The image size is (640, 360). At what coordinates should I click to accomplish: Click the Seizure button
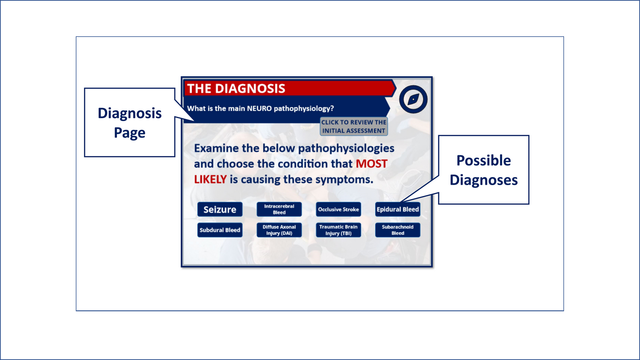(220, 209)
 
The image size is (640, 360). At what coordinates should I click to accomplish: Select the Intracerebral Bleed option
(279, 209)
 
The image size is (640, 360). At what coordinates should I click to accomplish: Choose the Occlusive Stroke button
(338, 209)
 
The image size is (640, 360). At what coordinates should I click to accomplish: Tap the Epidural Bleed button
(398, 209)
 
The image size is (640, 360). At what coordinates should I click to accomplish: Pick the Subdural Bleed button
(220, 230)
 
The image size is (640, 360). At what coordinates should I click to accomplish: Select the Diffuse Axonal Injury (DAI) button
(279, 230)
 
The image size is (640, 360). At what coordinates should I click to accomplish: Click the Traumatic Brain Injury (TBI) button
(338, 230)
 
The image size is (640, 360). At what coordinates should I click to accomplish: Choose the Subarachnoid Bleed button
(398, 230)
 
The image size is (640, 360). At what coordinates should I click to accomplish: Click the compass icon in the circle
(413, 99)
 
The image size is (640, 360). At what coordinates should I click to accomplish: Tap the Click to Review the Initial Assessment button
(354, 126)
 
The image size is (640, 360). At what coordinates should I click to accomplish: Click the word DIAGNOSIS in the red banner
(250, 89)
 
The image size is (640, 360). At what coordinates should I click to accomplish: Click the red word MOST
(372, 164)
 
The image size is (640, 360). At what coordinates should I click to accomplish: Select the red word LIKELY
(210, 180)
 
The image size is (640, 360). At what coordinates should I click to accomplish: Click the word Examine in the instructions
(216, 148)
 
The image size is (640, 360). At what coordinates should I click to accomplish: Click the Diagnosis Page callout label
(130, 122)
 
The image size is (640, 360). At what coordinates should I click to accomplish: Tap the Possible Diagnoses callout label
(484, 170)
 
